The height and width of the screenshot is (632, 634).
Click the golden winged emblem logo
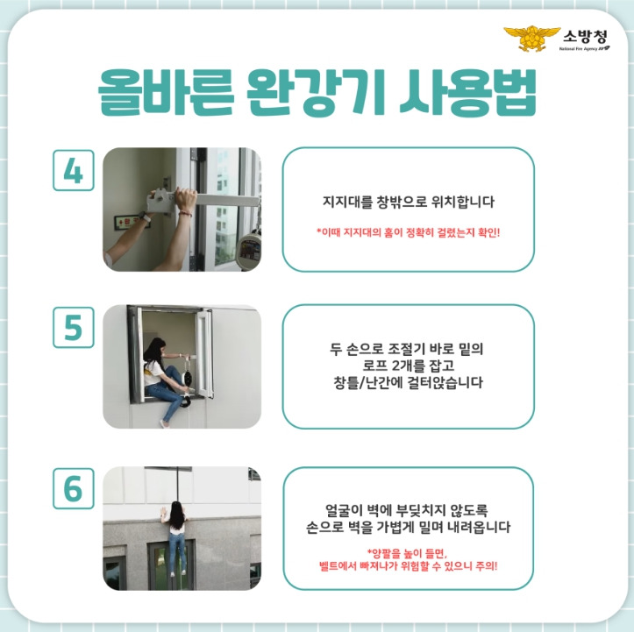[x=531, y=39]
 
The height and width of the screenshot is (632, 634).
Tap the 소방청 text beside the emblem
[x=585, y=37]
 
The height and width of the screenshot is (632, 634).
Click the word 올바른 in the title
[x=166, y=93]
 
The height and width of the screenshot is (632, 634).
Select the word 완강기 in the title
[x=316, y=93]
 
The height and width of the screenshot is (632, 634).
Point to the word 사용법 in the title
[x=468, y=93]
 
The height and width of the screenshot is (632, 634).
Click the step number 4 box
[x=74, y=170]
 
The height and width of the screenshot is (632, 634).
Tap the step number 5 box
[x=74, y=327]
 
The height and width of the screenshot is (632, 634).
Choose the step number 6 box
[x=74, y=488]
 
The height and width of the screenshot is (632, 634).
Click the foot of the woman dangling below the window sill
[x=164, y=423]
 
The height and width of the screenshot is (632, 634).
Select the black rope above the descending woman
[x=177, y=484]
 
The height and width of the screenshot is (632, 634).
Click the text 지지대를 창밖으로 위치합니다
[x=409, y=202]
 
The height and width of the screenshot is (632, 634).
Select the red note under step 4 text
[x=409, y=233]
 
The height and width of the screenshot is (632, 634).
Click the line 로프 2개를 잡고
[x=408, y=366]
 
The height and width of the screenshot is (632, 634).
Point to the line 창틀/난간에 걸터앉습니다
[x=408, y=382]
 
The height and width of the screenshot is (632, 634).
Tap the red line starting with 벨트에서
[x=408, y=565]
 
